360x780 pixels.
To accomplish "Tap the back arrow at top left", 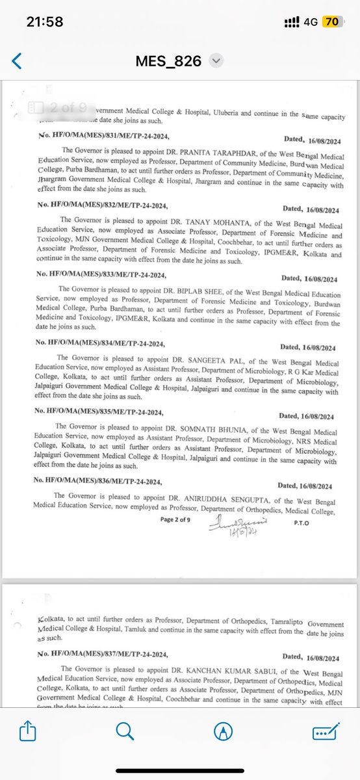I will pyautogui.click(x=17, y=61).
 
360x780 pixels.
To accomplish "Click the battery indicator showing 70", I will pyautogui.click(x=331, y=21).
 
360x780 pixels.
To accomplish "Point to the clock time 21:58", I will pyautogui.click(x=45, y=21).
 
